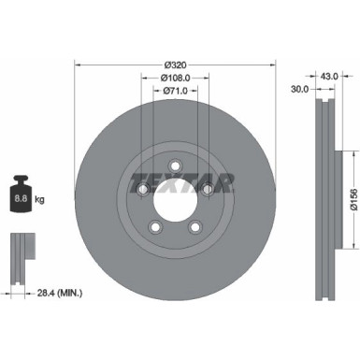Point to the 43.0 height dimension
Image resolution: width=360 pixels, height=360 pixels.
coord(329,77)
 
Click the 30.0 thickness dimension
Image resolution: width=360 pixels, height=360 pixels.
coord(299,89)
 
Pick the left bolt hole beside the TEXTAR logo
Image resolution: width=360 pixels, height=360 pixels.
coord(142,190)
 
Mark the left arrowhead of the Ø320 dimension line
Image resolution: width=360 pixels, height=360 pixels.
coord(78,65)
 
